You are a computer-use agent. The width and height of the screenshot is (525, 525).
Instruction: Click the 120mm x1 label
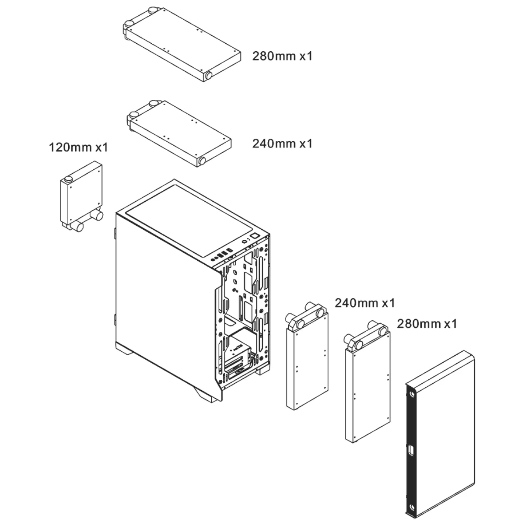pyautogui.click(x=78, y=147)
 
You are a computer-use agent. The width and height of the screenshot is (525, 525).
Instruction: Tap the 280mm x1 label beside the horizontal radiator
pyautogui.click(x=282, y=56)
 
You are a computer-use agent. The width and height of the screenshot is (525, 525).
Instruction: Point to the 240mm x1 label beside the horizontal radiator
pyautogui.click(x=282, y=143)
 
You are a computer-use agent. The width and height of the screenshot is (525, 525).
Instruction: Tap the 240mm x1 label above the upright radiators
pyautogui.click(x=365, y=303)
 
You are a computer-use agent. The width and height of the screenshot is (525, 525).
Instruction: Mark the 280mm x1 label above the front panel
pyautogui.click(x=427, y=324)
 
